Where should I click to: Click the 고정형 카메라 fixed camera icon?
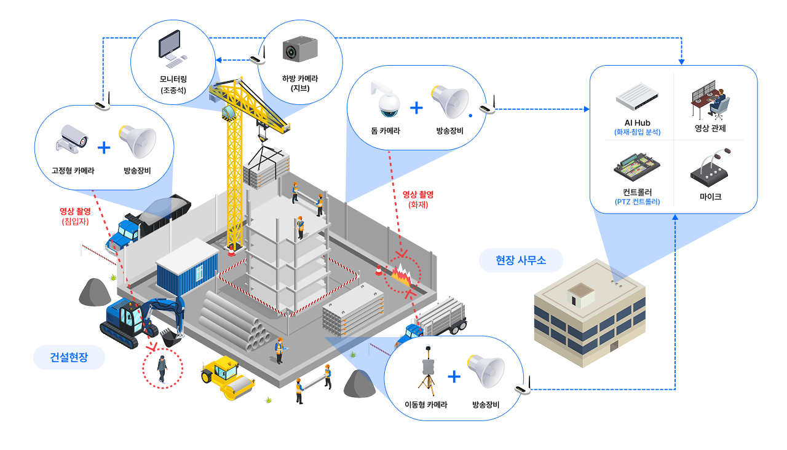pyautogui.click(x=72, y=141)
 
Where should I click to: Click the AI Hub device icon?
pyautogui.click(x=637, y=96)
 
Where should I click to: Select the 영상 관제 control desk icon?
pyautogui.click(x=710, y=99)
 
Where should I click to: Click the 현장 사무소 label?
pyautogui.click(x=521, y=261)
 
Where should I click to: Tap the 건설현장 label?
pyautogui.click(x=69, y=357)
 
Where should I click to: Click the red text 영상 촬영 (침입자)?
pyautogui.click(x=75, y=216)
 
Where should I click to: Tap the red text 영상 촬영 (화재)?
pyautogui.click(x=418, y=199)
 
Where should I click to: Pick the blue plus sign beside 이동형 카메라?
pyautogui.click(x=454, y=376)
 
